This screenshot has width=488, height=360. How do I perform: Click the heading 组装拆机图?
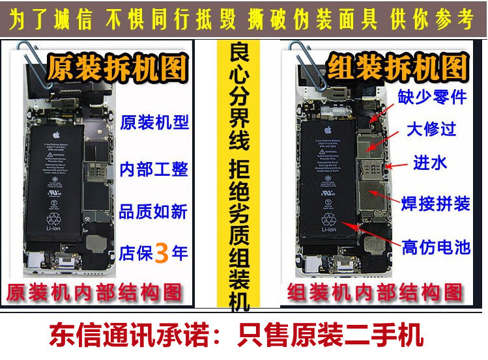tap(398, 67)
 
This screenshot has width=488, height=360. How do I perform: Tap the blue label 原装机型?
tap(155, 122)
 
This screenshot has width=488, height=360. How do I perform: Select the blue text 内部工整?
tap(155, 169)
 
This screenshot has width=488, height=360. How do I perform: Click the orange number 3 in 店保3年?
tap(162, 253)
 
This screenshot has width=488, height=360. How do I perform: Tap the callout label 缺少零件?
tap(433, 98)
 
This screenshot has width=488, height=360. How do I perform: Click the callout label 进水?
tap(430, 163)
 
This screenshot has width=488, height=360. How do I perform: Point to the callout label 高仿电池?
tap(435, 247)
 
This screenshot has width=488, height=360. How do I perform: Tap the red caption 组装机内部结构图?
tap(375, 292)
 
